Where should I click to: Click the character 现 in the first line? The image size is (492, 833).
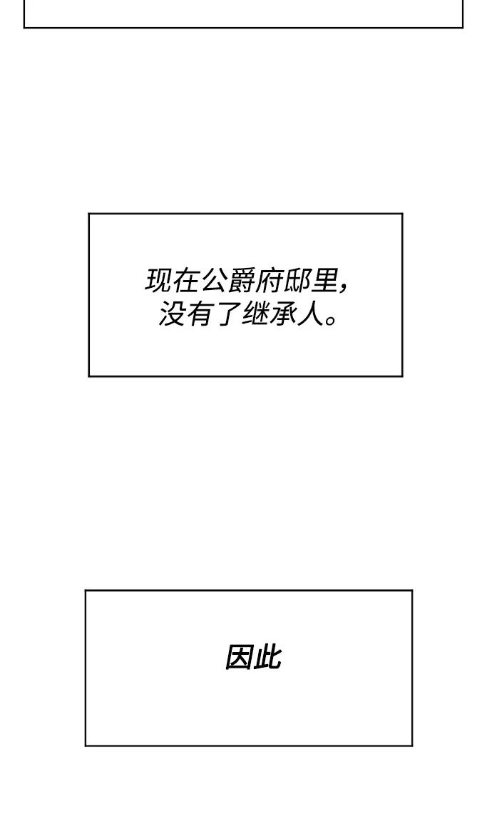pos(158,281)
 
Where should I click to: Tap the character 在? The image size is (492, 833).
pos(185,281)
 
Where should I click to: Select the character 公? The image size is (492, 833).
pos(212,281)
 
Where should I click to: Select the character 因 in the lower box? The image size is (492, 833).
pos(238,658)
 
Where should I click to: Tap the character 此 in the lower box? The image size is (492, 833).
pos(267,658)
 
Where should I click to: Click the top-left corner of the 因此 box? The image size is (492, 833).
pos(86,591)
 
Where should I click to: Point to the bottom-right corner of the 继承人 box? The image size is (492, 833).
pos(402,376)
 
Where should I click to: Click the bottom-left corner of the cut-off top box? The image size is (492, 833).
pos(24,28)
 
